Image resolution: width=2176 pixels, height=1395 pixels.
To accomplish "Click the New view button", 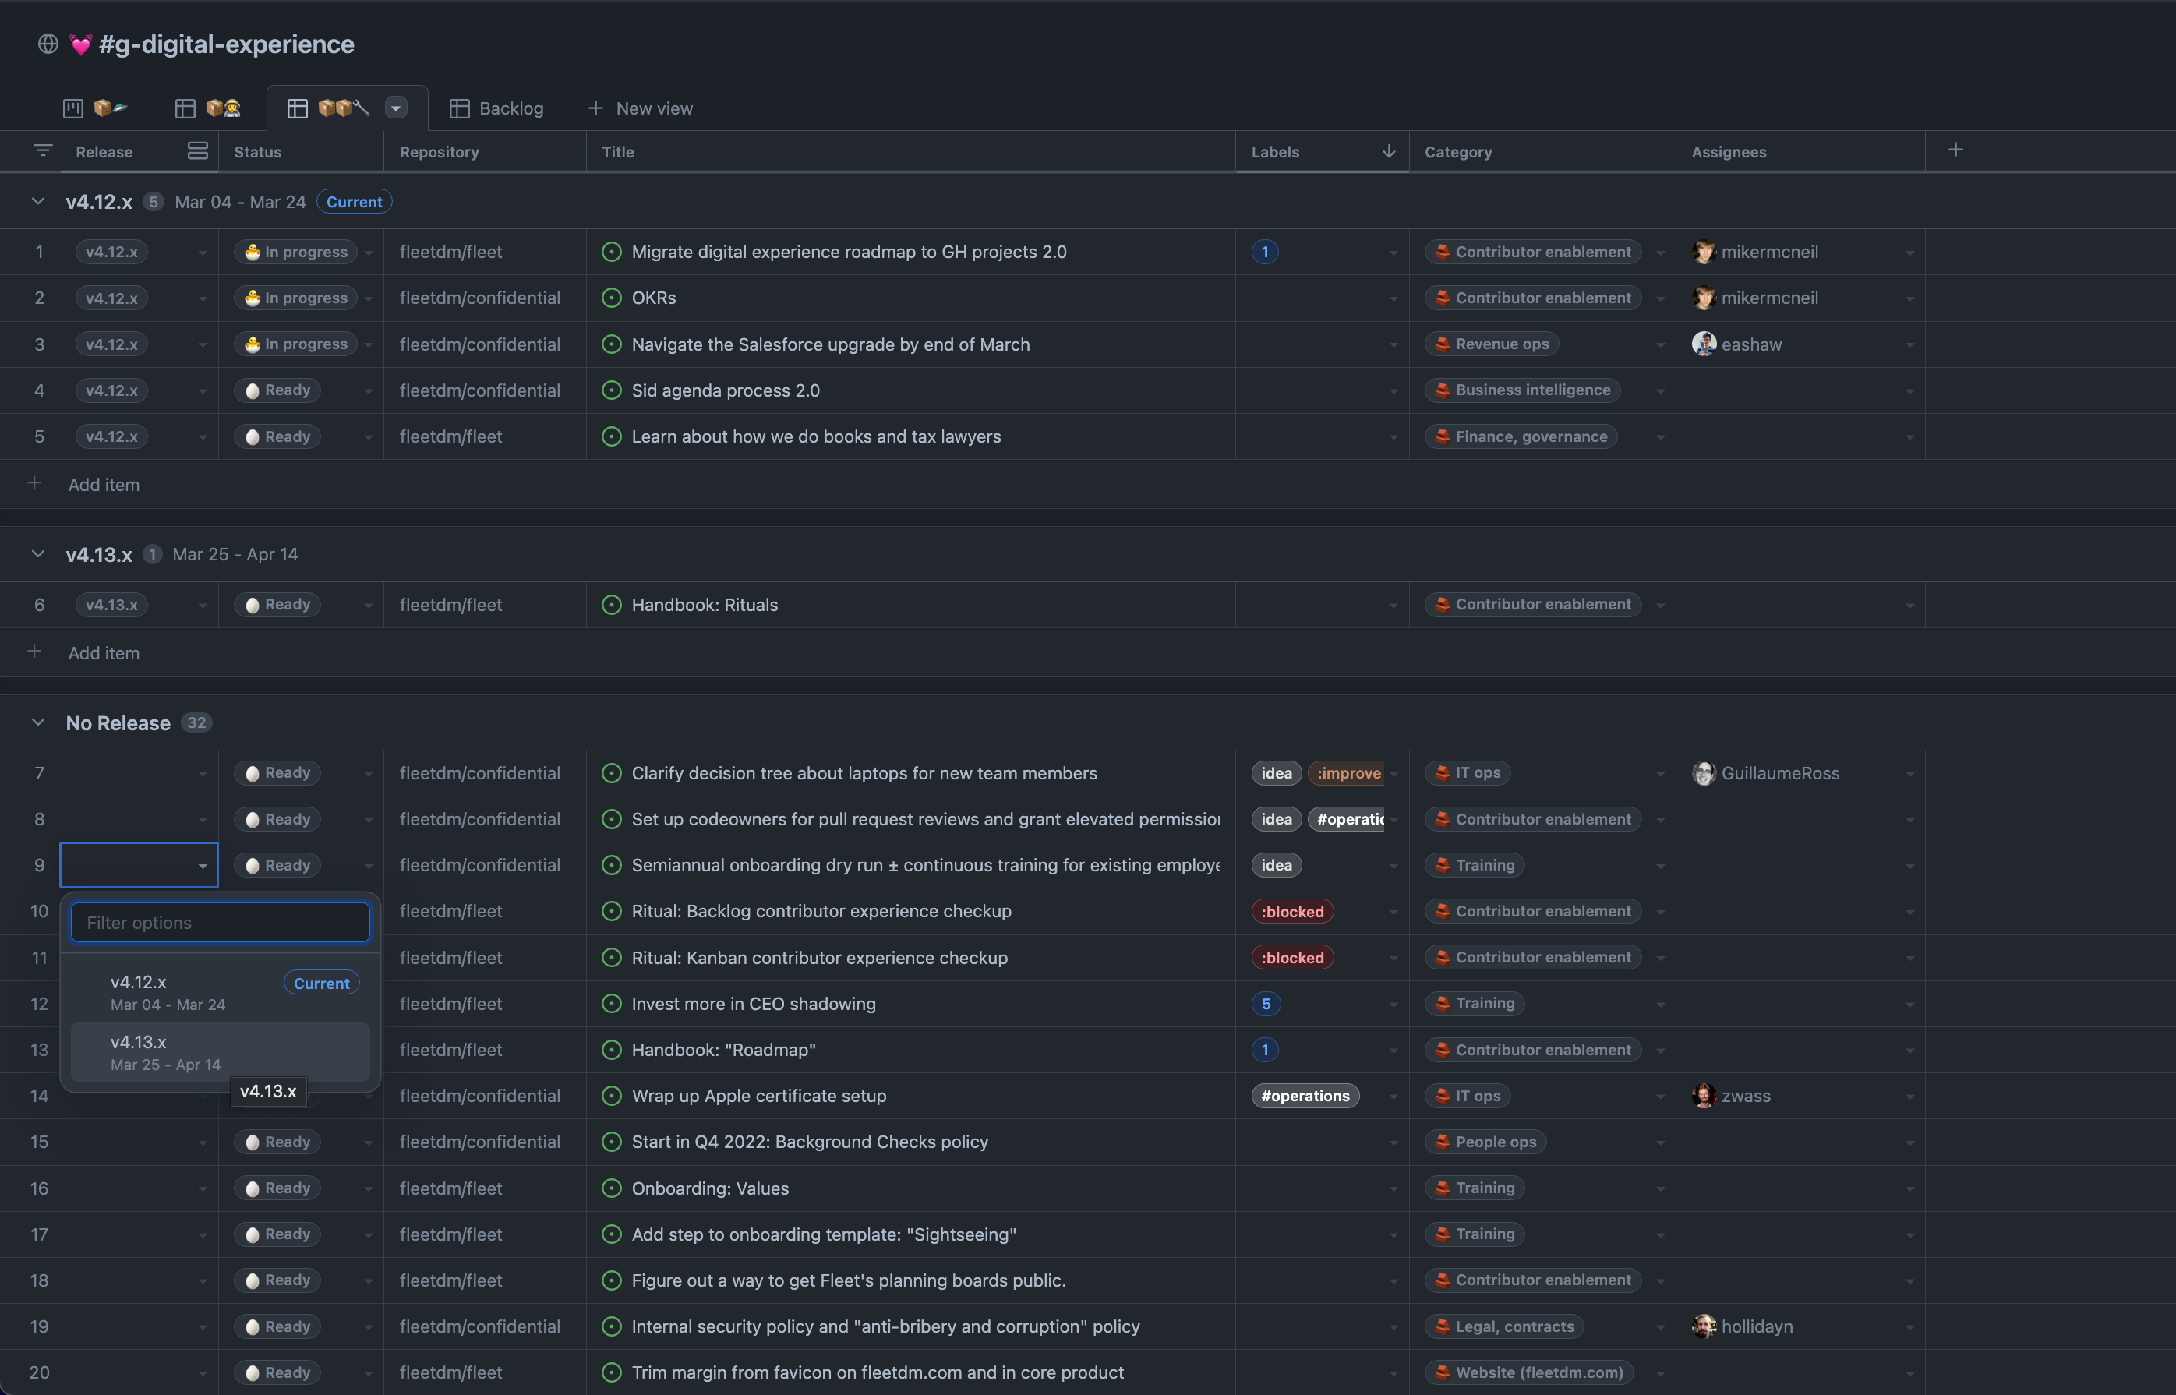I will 641,108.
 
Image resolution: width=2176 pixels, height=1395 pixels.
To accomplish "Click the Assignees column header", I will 1729,152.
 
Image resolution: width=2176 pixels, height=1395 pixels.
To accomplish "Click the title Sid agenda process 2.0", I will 725,390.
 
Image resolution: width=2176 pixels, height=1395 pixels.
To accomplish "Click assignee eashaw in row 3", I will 1750,344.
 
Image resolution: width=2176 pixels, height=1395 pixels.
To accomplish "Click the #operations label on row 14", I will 1305,1096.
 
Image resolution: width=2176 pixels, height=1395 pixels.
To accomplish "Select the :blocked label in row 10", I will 1292,911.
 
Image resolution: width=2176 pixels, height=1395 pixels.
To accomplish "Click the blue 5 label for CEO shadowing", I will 1266,1004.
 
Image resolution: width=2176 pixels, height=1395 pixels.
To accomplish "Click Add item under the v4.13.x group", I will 104,653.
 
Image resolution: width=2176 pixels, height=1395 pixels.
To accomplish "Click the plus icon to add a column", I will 1955,150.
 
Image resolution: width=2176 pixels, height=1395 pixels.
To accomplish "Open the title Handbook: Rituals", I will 704,605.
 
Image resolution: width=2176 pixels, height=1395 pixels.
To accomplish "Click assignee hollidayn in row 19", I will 1756,1326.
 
